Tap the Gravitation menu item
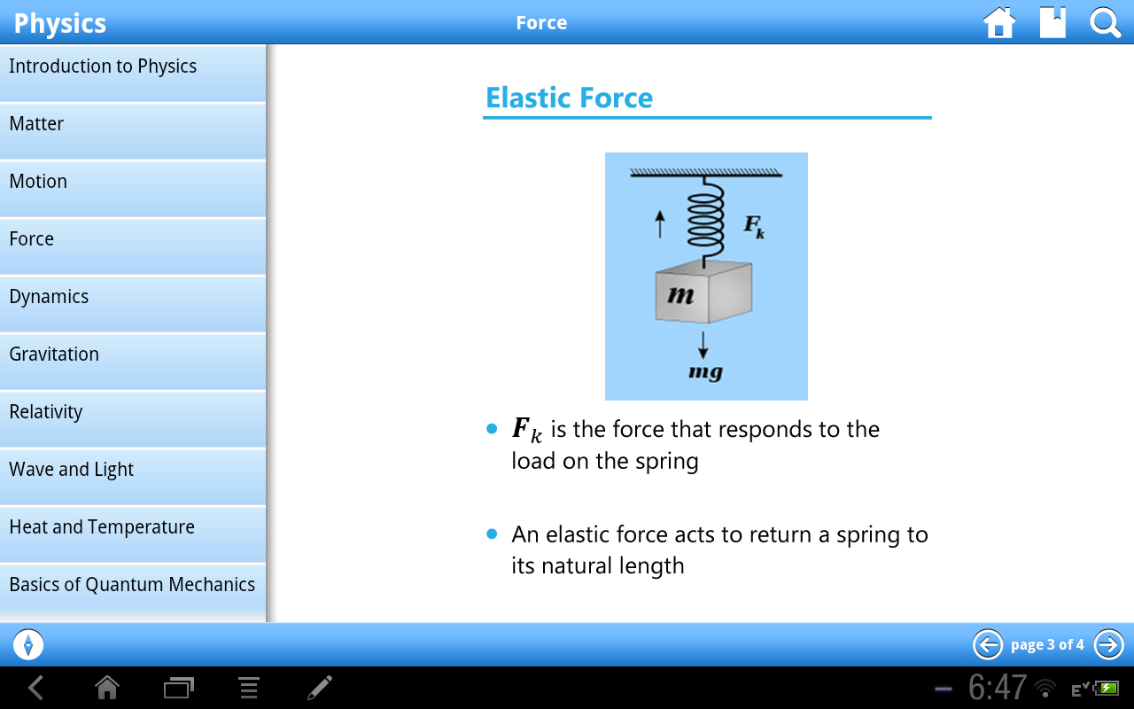133,354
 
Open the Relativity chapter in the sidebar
133,412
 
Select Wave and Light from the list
133,470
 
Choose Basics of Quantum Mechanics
133,585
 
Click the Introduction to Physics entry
133,66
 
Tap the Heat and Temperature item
133,527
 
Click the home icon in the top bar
999,23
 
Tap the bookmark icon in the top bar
1052,23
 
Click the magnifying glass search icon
1105,23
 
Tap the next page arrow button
1108,644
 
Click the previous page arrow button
988,644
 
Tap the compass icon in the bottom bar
28,644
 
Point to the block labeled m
703,293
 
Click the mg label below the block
705,372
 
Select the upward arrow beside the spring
659,223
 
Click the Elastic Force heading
569,97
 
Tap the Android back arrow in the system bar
35,688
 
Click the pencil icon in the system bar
320,688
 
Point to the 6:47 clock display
997,688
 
